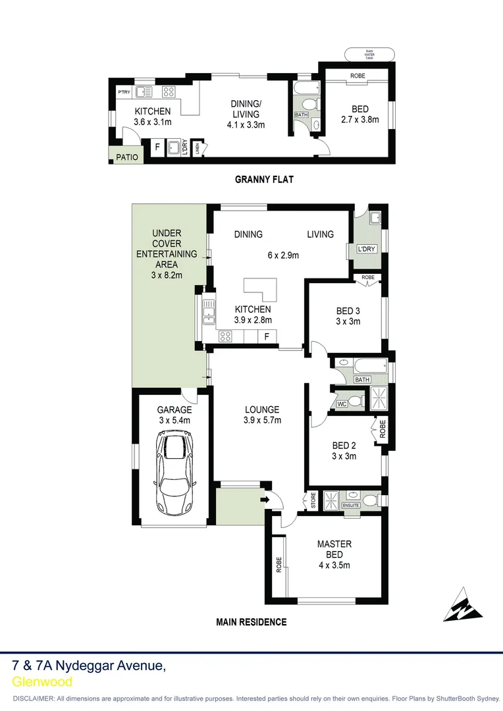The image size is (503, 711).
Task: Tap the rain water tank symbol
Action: pyautogui.click(x=369, y=55)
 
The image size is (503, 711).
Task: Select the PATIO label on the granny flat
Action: pyautogui.click(x=127, y=157)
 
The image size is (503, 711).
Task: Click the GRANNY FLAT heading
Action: pyautogui.click(x=264, y=179)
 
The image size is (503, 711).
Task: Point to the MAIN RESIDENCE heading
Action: pyautogui.click(x=251, y=621)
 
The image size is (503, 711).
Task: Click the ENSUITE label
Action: pyautogui.click(x=350, y=505)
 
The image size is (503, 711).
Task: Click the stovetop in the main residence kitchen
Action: pyautogui.click(x=225, y=336)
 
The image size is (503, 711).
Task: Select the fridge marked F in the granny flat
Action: pyautogui.click(x=157, y=147)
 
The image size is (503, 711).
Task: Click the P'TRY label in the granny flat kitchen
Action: pyautogui.click(x=124, y=92)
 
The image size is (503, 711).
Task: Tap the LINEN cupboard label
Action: pyautogui.click(x=198, y=148)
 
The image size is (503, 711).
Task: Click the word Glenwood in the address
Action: pyautogui.click(x=42, y=682)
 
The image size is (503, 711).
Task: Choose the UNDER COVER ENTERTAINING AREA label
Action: pyautogui.click(x=167, y=253)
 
